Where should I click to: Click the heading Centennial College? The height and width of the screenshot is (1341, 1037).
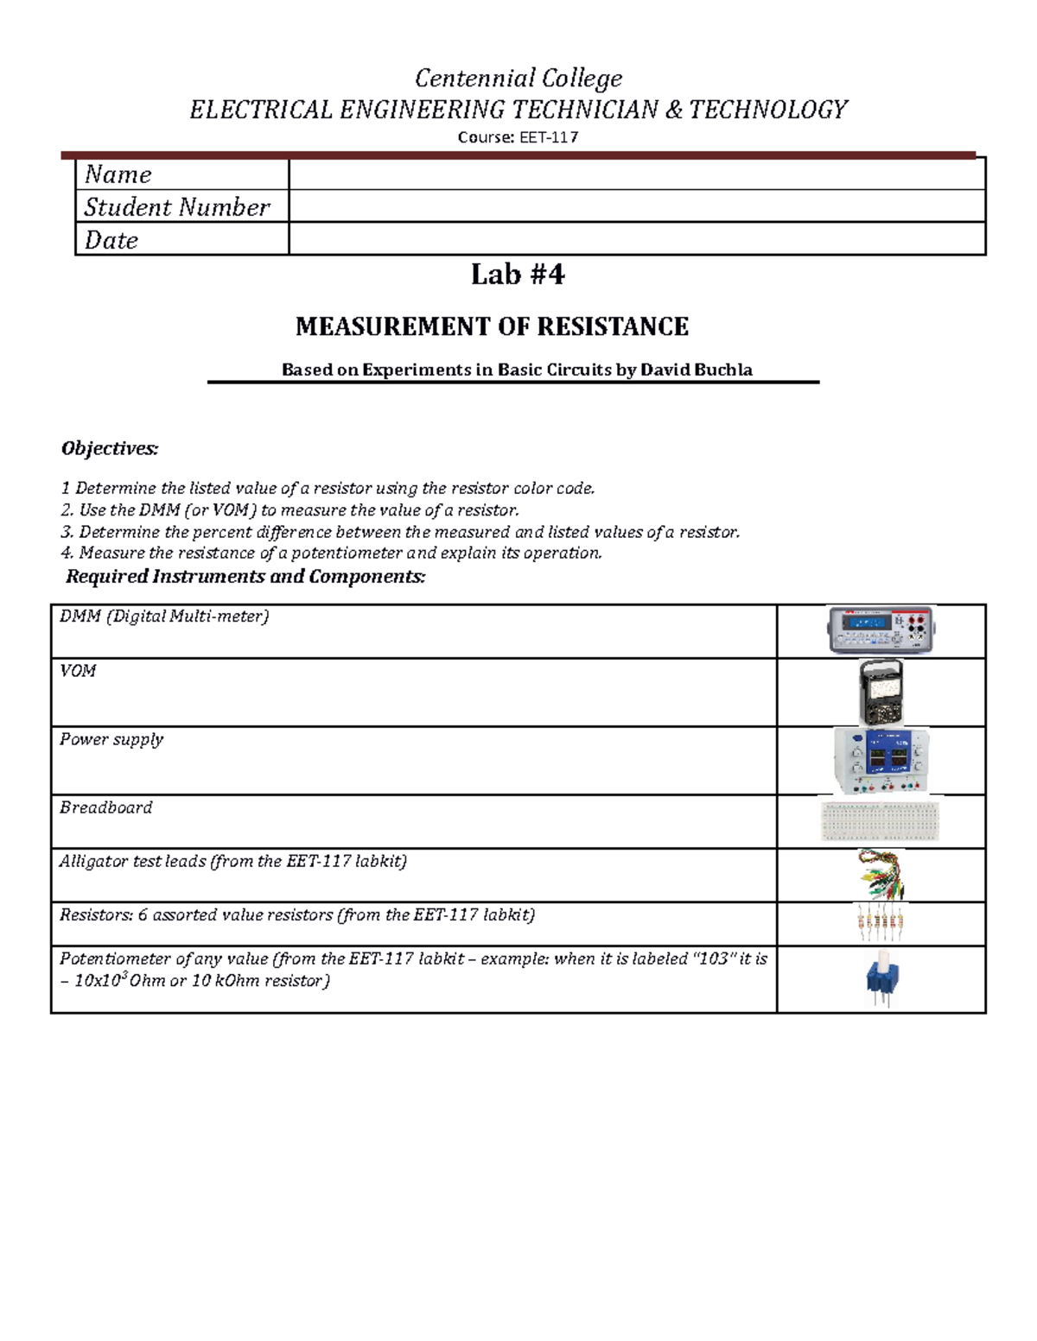point(518,79)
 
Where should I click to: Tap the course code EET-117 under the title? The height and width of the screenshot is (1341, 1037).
point(548,137)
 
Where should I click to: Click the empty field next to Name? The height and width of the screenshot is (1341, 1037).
point(636,174)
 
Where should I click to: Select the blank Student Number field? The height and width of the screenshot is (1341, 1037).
point(636,206)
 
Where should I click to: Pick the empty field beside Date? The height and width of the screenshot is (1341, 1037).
point(636,239)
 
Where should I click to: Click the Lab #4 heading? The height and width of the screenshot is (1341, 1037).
point(518,275)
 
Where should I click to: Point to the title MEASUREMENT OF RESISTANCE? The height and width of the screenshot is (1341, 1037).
point(492,326)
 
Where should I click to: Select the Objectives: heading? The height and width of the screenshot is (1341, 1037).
point(110,448)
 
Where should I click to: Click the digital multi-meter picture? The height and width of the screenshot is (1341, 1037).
point(881,630)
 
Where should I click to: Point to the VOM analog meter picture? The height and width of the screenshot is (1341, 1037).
point(881,693)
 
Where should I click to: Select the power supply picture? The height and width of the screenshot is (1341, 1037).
point(881,760)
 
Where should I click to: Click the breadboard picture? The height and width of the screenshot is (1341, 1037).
point(880,820)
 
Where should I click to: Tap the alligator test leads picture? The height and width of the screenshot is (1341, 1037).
point(881,875)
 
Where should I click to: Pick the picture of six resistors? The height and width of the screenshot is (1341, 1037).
point(881,923)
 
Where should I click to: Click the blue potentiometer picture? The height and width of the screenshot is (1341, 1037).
point(880,979)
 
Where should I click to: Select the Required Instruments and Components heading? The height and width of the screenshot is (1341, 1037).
point(245,577)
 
